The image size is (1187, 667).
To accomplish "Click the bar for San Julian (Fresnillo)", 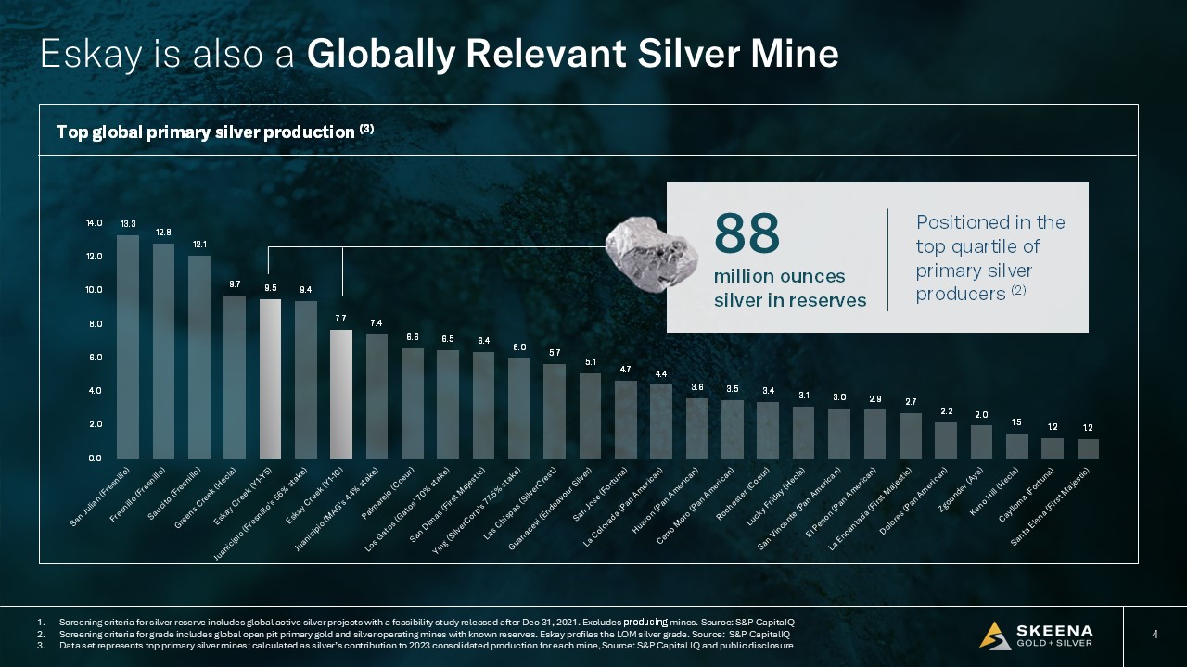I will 128,347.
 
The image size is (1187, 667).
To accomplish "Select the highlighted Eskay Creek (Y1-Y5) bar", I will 270,379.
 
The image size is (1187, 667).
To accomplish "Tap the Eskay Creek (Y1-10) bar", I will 341,394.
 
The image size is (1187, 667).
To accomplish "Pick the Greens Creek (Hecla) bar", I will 235,377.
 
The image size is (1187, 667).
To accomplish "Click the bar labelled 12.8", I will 163,351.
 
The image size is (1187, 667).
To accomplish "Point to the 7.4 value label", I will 377,322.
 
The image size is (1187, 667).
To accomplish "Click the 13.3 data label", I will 128,224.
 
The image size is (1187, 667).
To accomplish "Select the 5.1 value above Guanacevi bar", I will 590,361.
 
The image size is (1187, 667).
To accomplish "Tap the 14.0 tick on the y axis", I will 95,223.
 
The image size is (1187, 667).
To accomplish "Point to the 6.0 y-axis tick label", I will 95,358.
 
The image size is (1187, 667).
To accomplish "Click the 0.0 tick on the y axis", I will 95,459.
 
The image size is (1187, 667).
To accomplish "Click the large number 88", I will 747,234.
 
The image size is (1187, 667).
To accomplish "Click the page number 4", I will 1155,635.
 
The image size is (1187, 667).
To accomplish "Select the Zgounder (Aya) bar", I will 981,442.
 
